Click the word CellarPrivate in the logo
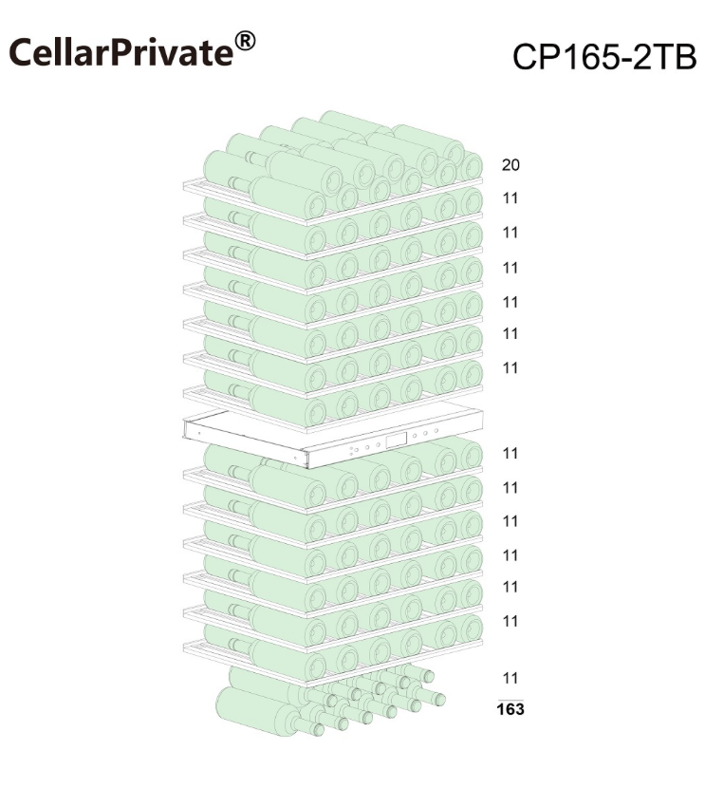tap(121, 52)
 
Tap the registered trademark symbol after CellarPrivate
tap(245, 41)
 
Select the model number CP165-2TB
tap(604, 56)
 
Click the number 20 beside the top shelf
tap(510, 165)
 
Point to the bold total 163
tap(510, 709)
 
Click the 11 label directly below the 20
tap(510, 198)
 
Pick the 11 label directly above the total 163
tap(510, 678)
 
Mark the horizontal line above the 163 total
tap(510, 699)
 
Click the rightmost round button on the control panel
tap(436, 431)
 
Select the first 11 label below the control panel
tap(510, 453)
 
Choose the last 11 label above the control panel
tap(510, 367)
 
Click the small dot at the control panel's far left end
tap(199, 433)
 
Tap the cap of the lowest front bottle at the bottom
tap(317, 729)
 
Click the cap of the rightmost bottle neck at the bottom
tap(439, 700)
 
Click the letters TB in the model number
tap(674, 57)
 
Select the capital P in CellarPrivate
tap(128, 52)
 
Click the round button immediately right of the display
tap(415, 436)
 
